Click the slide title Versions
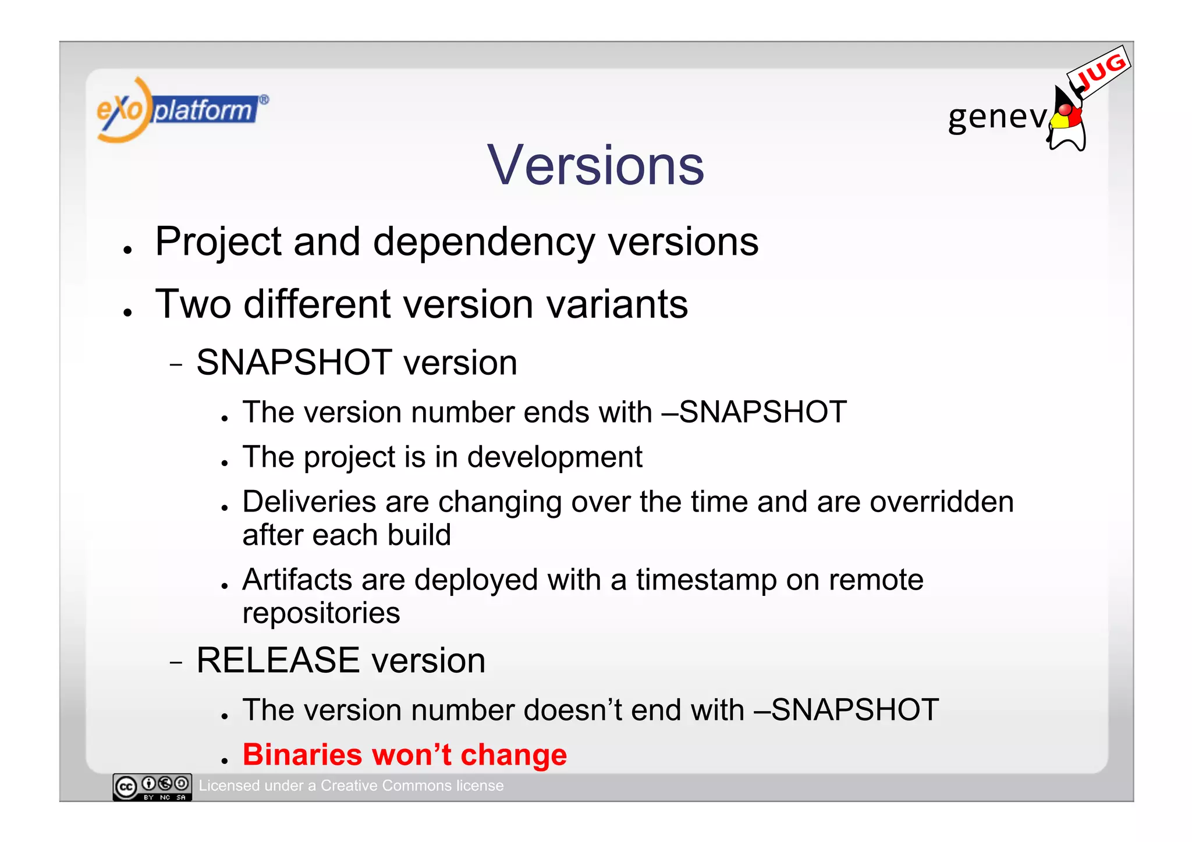click(595, 166)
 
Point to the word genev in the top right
click(996, 117)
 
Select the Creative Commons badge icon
click(152, 787)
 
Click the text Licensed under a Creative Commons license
click(351, 786)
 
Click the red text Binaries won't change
click(405, 755)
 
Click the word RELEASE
click(278, 660)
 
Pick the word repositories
click(321, 613)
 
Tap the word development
click(554, 457)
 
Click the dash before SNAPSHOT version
click(176, 365)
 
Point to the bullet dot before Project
click(128, 250)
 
